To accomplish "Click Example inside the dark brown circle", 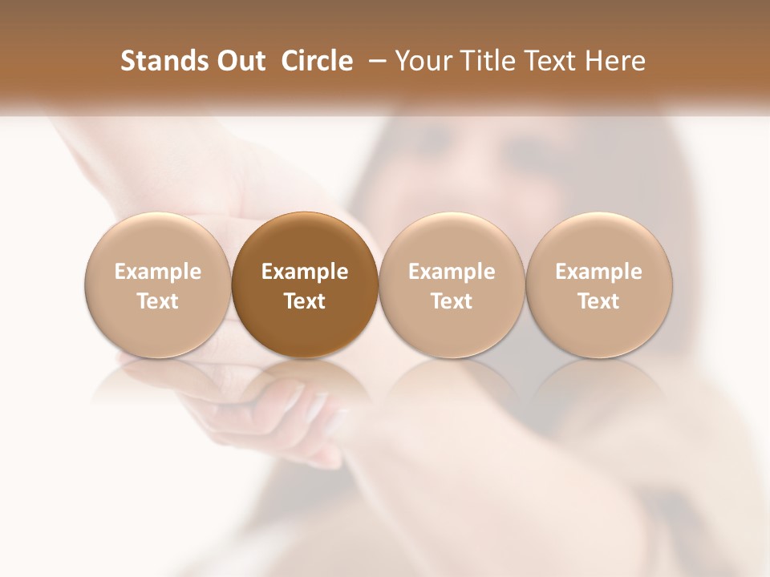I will click(x=305, y=272).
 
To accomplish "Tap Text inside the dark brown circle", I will click(x=305, y=301).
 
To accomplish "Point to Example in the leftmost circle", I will click(x=158, y=272).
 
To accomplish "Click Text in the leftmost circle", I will click(x=158, y=301).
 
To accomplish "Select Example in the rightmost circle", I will click(x=598, y=272).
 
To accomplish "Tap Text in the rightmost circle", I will click(x=598, y=301).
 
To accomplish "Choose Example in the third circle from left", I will click(x=452, y=272).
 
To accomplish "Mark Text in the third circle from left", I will click(x=452, y=301).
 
